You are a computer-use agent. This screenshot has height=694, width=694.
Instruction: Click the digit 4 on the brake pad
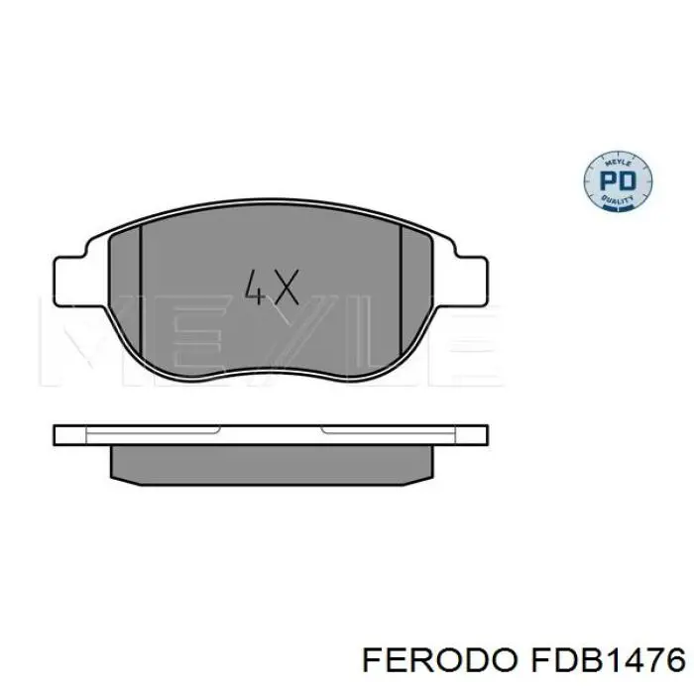coord(254,289)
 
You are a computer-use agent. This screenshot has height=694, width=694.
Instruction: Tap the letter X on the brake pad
coord(285,289)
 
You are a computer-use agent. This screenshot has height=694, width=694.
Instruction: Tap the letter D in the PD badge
coord(628,182)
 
